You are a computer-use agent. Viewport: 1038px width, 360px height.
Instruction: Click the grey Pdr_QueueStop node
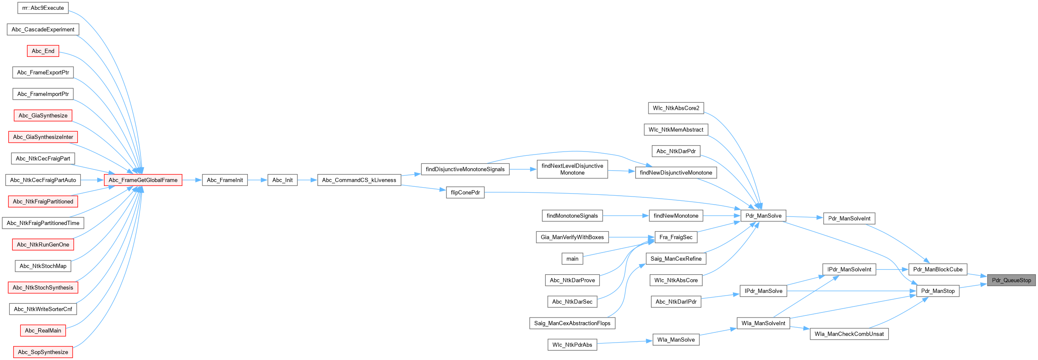click(x=1011, y=280)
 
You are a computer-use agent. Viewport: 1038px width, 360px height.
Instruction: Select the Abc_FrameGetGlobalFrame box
click(x=143, y=180)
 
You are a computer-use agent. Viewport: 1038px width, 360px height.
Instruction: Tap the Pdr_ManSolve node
click(x=763, y=216)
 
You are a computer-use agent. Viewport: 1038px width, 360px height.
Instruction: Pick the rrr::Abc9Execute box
click(x=43, y=8)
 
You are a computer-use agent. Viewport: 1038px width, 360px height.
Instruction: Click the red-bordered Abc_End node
click(x=43, y=51)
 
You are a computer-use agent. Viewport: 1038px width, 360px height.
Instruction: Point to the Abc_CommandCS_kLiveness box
click(x=359, y=180)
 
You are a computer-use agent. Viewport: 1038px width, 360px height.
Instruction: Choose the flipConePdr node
click(x=465, y=192)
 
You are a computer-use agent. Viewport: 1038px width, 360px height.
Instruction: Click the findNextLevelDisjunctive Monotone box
click(x=572, y=169)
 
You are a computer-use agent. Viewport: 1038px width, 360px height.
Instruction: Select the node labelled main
click(x=572, y=259)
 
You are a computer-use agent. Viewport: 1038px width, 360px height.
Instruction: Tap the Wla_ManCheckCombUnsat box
click(x=849, y=334)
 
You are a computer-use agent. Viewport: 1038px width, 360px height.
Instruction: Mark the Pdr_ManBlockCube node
click(x=938, y=269)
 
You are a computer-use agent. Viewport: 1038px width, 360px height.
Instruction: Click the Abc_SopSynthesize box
click(x=43, y=352)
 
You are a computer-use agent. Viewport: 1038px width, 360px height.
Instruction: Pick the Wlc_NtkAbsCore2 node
click(x=676, y=108)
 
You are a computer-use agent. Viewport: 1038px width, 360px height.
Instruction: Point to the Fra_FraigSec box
click(x=676, y=237)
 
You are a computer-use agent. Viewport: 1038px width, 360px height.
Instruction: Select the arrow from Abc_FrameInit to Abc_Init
click(x=257, y=180)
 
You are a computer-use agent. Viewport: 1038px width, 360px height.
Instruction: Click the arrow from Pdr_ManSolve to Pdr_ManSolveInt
click(x=804, y=217)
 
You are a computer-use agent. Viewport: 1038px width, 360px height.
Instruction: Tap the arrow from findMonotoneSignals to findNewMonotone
click(x=626, y=216)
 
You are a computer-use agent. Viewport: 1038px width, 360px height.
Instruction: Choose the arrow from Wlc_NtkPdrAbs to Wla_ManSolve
click(x=625, y=342)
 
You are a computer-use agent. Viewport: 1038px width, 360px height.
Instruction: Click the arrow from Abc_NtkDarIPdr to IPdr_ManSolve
click(x=720, y=296)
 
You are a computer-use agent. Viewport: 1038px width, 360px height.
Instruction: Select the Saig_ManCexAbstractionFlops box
click(x=572, y=323)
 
